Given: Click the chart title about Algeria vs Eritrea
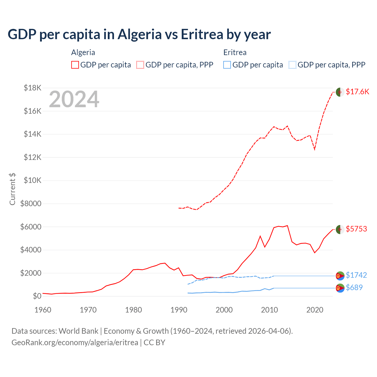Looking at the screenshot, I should (x=139, y=34).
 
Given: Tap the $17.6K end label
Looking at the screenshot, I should (x=357, y=92).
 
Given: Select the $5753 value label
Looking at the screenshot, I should (x=356, y=229).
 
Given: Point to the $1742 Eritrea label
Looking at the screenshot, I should (x=356, y=275).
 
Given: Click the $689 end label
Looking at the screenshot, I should (x=354, y=287).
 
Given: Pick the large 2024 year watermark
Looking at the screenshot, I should (x=74, y=100).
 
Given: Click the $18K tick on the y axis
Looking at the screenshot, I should (x=33, y=88).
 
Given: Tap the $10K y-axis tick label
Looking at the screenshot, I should (x=33, y=180).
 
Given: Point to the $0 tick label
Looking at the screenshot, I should (x=37, y=296).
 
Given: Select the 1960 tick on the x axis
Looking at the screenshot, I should (x=43, y=310).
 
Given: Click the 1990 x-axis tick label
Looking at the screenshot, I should (x=179, y=310).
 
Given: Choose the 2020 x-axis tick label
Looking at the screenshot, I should (x=315, y=310).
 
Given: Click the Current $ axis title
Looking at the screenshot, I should (x=12, y=189).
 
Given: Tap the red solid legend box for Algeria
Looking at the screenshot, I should (x=75, y=65).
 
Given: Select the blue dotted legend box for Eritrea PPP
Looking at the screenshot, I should (x=292, y=65).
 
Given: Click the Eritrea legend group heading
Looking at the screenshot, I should (x=235, y=52).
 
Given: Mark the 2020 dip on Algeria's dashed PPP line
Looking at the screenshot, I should (x=315, y=149).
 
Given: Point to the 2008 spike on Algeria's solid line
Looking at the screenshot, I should (x=260, y=236).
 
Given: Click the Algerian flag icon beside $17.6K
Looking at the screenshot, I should (x=340, y=92).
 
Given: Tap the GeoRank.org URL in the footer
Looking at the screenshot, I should (x=75, y=343).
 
